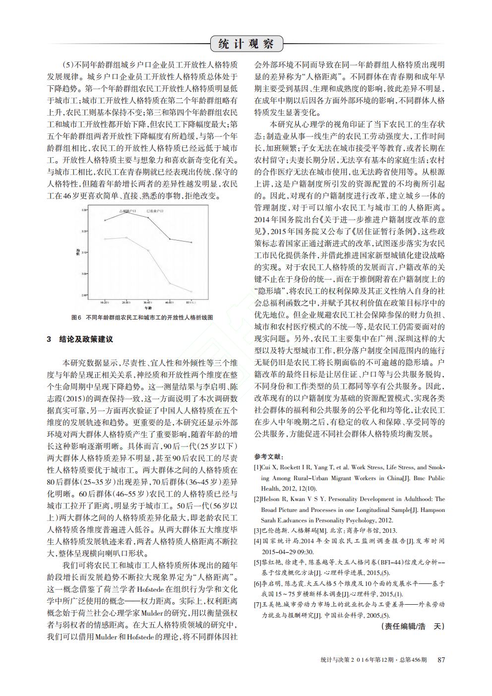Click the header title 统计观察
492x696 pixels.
click(x=246, y=44)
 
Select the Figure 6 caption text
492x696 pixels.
click(x=142, y=317)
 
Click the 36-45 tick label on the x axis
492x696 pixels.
click(x=148, y=301)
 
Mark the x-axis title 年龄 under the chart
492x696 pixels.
click(x=148, y=308)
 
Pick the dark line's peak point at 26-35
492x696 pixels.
click(x=126, y=212)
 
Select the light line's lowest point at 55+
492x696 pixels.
click(x=191, y=292)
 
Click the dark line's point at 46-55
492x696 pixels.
click(x=170, y=239)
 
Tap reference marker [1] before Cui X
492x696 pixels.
click(x=257, y=467)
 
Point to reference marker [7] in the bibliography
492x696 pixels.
click(x=257, y=605)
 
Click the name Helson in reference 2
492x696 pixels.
click(x=271, y=499)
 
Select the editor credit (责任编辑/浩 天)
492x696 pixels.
click(x=413, y=626)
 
